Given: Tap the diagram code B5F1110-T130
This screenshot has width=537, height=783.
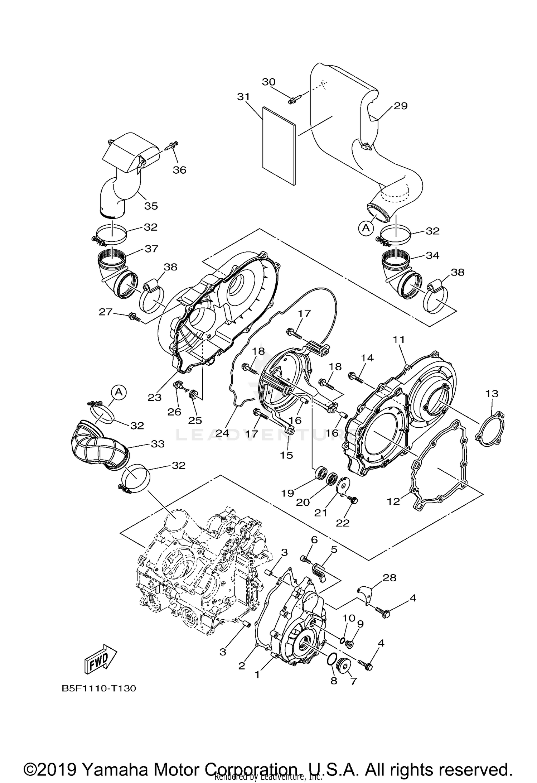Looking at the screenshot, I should pyautogui.click(x=99, y=688).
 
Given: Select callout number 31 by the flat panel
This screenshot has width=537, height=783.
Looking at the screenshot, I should pyautogui.click(x=243, y=97).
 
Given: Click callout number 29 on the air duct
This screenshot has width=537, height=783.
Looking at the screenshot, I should pyautogui.click(x=401, y=106).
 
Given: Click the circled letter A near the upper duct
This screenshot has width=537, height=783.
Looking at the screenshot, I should pyautogui.click(x=366, y=227).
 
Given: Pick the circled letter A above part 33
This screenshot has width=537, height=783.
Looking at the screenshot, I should pyautogui.click(x=119, y=392).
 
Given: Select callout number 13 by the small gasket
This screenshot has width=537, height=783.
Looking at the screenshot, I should pyautogui.click(x=492, y=394).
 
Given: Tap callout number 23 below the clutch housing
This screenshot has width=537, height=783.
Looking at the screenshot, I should pyautogui.click(x=155, y=397).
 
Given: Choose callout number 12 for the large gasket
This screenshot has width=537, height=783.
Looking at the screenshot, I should pyautogui.click(x=393, y=501).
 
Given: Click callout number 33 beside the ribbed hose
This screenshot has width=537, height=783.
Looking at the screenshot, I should pyautogui.click(x=158, y=444).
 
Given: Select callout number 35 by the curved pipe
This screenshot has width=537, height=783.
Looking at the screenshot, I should pyautogui.click(x=151, y=206).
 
